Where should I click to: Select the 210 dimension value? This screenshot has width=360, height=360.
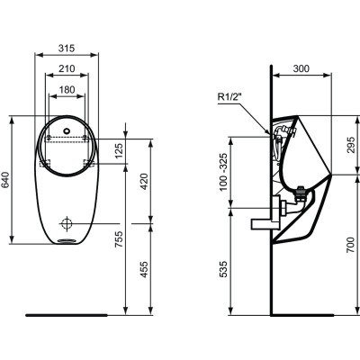(67, 68)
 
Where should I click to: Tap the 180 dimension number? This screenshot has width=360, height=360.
(67, 90)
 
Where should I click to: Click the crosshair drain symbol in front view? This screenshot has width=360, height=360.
(67, 220)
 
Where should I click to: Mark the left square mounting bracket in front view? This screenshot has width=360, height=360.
(46, 163)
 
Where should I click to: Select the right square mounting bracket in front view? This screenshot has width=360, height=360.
(89, 163)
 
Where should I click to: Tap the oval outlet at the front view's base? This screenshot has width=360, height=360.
(67, 241)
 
